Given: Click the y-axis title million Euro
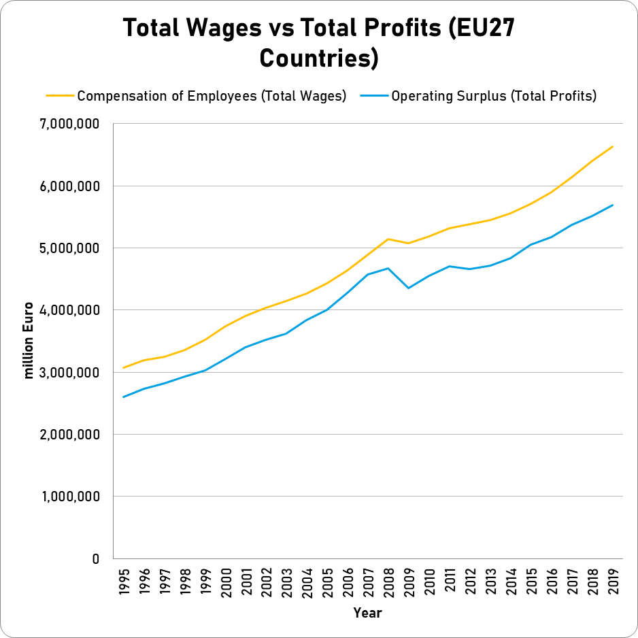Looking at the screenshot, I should point(29,340).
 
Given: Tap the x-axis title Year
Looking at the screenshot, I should point(367,613).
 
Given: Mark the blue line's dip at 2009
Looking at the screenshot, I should point(408,288).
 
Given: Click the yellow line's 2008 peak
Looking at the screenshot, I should point(388,239).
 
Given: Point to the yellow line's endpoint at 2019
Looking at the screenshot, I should point(613,146).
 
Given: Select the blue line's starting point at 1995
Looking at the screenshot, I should point(124,397).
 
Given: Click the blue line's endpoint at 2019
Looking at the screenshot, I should point(613,205).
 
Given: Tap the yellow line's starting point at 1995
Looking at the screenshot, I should point(124,367).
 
